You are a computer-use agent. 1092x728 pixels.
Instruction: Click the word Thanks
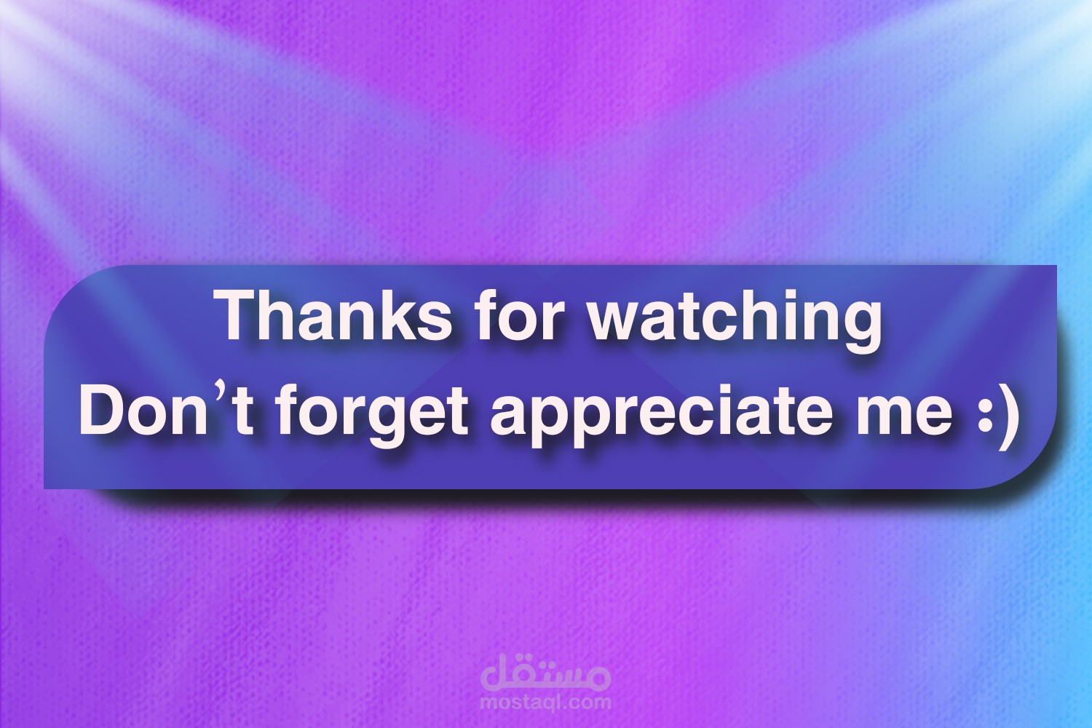pos(336,315)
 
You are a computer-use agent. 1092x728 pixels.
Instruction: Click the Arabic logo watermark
pos(545,673)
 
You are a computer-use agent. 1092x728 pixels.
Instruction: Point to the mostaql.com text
pos(545,703)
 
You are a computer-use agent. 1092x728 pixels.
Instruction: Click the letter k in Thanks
pos(391,315)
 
